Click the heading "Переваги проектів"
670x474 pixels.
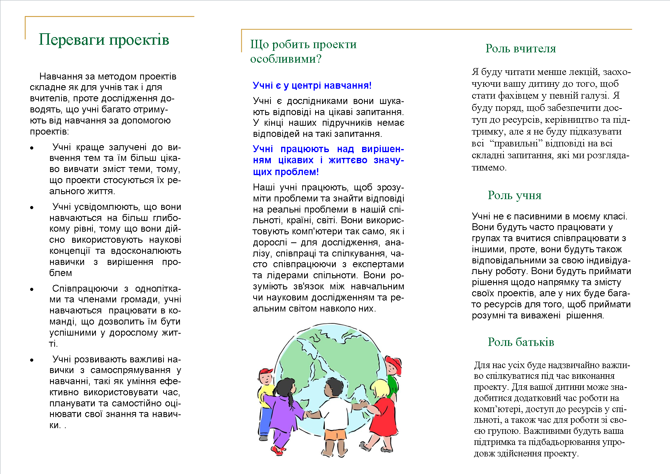[104, 40]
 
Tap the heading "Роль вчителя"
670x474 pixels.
[521, 49]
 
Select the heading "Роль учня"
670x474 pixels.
[515, 195]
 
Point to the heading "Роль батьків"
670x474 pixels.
[521, 342]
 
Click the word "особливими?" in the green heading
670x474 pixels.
[286, 59]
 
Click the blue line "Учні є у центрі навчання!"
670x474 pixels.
[312, 85]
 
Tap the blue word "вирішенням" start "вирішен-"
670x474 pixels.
[382, 149]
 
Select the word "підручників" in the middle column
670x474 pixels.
[347, 123]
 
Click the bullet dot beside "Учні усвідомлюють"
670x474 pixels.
[32, 208]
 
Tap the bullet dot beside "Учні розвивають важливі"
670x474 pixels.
[32, 360]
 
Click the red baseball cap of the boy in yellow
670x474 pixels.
[266, 372]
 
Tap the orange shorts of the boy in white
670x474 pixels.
[335, 435]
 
